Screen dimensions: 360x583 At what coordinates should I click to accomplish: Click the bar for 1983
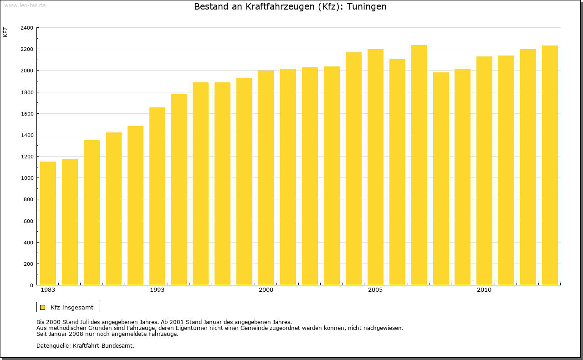point(48,223)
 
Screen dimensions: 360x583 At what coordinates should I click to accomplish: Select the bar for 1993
point(157,196)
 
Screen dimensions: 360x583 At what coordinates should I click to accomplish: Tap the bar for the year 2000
point(266,177)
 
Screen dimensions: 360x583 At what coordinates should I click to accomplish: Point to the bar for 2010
point(484,171)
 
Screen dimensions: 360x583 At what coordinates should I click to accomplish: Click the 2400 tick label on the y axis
point(27,28)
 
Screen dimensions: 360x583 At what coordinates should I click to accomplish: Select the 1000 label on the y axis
point(27,178)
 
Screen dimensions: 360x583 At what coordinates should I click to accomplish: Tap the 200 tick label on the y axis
point(28,264)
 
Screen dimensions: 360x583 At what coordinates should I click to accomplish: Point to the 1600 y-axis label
point(27,114)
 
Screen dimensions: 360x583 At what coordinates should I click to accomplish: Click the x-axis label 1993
point(157,290)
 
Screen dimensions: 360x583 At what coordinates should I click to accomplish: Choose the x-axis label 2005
point(375,290)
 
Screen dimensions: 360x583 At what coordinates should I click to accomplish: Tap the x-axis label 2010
point(484,290)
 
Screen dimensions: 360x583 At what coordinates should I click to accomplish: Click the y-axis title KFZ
point(5,32)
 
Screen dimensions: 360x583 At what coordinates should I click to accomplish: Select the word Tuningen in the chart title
point(367,7)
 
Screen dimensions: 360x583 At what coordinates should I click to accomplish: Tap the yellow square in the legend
point(42,307)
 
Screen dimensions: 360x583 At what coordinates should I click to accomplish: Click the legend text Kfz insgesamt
point(72,307)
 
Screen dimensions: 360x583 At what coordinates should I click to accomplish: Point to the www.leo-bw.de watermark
point(25,5)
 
